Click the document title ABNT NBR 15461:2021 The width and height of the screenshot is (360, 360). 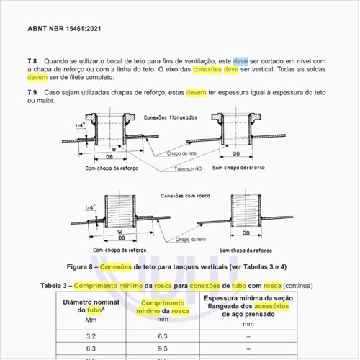point(64,29)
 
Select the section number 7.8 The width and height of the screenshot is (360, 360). point(32,61)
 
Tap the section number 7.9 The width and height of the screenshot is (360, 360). point(32,92)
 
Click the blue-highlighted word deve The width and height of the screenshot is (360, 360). point(240,61)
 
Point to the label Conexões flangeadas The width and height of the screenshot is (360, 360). point(171,117)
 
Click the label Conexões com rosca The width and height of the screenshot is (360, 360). point(185,196)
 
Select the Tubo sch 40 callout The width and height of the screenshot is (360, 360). point(188,169)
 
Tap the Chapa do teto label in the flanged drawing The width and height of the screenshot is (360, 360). point(181,153)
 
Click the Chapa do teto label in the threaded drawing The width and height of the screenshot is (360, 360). point(191,239)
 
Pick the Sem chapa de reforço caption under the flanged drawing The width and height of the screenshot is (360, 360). point(238,168)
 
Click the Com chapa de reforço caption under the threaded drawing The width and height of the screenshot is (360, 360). point(120,251)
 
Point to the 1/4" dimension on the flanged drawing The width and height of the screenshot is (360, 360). point(80,125)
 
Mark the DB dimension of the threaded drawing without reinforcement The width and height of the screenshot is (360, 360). point(246,233)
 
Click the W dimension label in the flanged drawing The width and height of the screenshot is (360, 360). point(114,149)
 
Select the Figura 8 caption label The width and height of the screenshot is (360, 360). point(79,267)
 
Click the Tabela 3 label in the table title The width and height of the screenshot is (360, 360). point(53,286)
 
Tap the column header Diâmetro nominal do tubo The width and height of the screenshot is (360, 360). point(91,306)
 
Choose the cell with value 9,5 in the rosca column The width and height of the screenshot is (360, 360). point(163,348)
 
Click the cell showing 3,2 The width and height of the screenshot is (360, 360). point(91,336)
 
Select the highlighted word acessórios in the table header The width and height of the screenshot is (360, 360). point(271,306)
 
